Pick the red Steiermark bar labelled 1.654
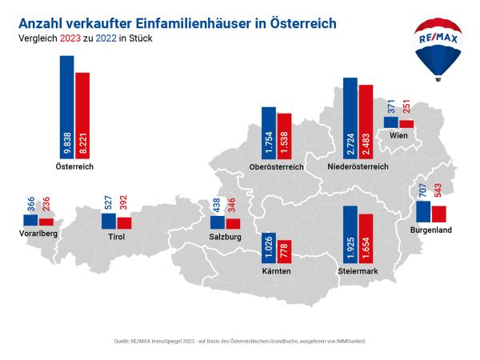coord(366,240)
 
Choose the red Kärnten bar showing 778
coord(285,250)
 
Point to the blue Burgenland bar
coord(423,211)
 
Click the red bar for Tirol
coord(124,223)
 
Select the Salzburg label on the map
coord(225,238)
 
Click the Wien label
coord(398,136)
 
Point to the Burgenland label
coord(431,230)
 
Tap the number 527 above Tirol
coord(108,203)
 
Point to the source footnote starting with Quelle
coord(240,341)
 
